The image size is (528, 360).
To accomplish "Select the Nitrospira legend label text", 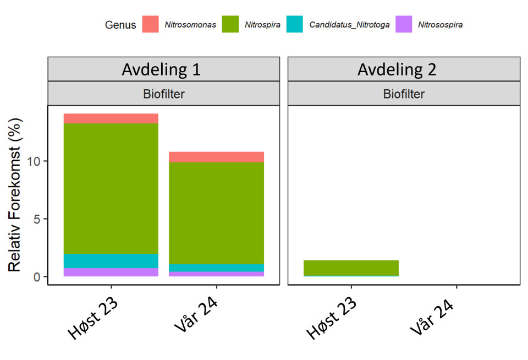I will tap(262, 25).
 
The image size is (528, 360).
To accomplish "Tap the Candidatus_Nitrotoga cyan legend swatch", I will tap(295, 24).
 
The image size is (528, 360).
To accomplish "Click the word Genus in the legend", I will tap(120, 25).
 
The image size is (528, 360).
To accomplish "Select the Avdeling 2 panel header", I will tap(404, 69).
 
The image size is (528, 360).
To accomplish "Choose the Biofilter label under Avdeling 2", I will tap(404, 94).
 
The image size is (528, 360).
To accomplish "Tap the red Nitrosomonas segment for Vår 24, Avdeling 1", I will tap(216, 157).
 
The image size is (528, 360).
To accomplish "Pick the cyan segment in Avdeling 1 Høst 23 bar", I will tap(111, 261).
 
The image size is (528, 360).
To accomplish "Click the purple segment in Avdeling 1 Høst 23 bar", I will tap(111, 272).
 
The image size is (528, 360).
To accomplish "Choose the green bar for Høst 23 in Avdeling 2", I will tap(351, 268).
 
